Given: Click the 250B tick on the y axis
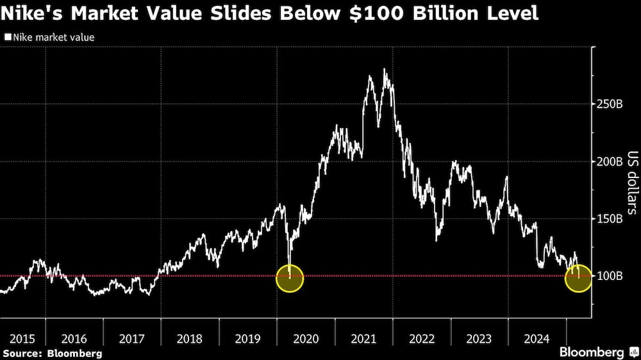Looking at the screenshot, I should coord(610,104).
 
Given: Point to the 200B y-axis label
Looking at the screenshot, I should coord(610,161).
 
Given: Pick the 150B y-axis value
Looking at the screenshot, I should coord(610,219).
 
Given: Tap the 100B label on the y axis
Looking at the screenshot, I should coord(610,276).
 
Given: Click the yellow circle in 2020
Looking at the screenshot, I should coord(289,279).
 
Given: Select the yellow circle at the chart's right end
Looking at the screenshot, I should coord(578,279).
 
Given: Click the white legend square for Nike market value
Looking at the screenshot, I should coord(8,38).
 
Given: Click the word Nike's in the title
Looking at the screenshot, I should coord(31,12).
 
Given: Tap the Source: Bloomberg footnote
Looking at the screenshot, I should coord(51,353).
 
